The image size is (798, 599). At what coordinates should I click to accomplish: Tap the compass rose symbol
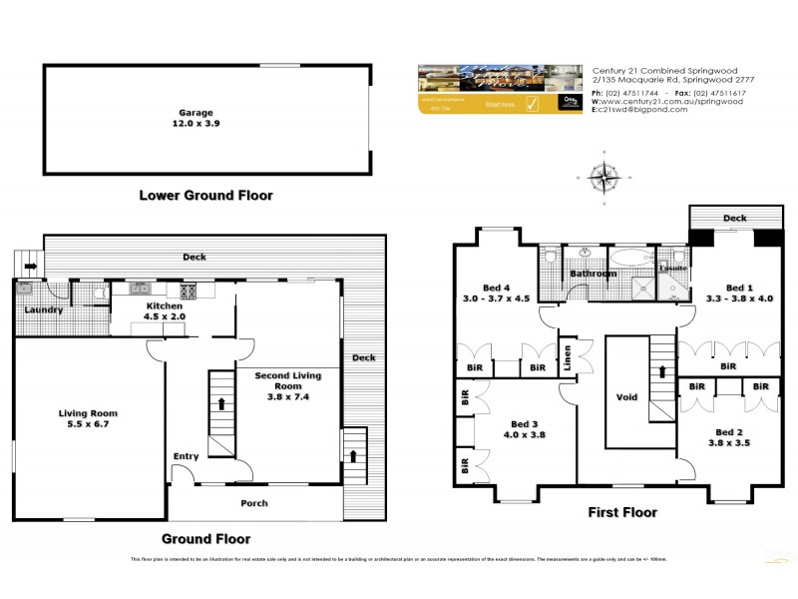click(x=603, y=179)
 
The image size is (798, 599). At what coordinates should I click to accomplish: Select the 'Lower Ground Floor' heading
click(x=204, y=196)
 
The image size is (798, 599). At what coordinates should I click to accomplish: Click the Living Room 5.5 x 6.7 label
click(x=90, y=419)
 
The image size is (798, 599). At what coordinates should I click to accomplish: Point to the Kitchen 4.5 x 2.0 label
click(x=165, y=310)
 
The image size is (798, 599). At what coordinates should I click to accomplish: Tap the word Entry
click(x=186, y=456)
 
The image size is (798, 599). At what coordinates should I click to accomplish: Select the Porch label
click(x=254, y=503)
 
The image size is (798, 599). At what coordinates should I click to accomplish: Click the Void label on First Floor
click(x=626, y=397)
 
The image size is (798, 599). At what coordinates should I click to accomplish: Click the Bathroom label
click(x=593, y=273)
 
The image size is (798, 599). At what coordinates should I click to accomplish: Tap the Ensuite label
click(x=670, y=268)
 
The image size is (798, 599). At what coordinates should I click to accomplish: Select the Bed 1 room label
click(x=739, y=291)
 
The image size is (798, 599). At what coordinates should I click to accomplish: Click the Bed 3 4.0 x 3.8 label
click(x=524, y=428)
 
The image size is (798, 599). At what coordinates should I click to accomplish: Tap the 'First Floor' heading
click(x=622, y=513)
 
